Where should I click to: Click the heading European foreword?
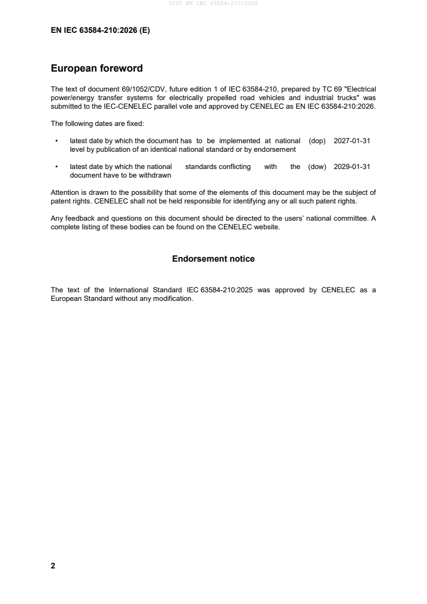(x=96, y=68)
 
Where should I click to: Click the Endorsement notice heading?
(x=213, y=259)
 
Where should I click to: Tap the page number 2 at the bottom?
(x=53, y=566)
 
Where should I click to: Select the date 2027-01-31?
(x=352, y=141)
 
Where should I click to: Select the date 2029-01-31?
(x=352, y=167)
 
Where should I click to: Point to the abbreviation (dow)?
(x=317, y=167)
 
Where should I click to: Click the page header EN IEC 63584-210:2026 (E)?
(x=100, y=31)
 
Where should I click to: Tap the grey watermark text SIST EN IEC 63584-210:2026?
(x=213, y=3)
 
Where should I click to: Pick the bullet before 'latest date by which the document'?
(x=57, y=141)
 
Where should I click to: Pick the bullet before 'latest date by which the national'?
(x=57, y=167)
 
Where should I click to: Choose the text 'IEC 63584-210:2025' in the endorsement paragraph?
(x=227, y=290)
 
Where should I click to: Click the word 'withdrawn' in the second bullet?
(x=156, y=175)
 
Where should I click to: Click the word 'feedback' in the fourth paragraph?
(x=79, y=219)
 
